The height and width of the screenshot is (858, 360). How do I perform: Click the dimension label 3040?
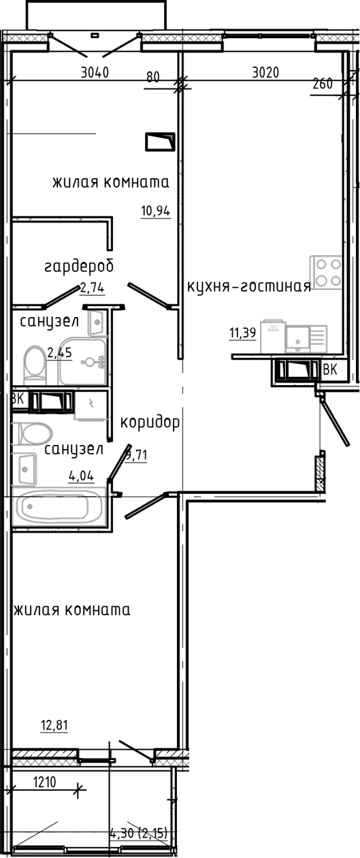[95, 72]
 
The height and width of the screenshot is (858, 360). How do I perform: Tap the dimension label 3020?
[265, 72]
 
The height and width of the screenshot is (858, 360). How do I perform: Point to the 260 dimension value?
[323, 84]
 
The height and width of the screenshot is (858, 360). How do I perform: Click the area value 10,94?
[155, 211]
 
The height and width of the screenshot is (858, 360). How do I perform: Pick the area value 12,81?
[54, 725]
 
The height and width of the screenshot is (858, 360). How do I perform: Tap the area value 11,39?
[242, 333]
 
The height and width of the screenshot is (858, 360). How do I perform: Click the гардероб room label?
[79, 266]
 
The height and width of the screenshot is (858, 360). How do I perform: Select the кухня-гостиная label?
[248, 286]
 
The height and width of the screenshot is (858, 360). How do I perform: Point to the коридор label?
[150, 423]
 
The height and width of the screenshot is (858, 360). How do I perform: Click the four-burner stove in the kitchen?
[326, 272]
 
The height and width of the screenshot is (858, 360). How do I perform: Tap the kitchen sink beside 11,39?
[306, 339]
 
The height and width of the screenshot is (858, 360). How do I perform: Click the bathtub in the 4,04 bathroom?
[59, 506]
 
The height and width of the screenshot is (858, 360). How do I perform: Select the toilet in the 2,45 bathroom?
[35, 365]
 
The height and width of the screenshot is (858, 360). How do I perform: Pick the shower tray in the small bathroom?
[82, 361]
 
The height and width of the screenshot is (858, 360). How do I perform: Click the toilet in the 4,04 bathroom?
[32, 434]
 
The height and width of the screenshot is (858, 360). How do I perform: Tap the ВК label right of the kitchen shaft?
[330, 369]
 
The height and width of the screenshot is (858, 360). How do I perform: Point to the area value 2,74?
[92, 287]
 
